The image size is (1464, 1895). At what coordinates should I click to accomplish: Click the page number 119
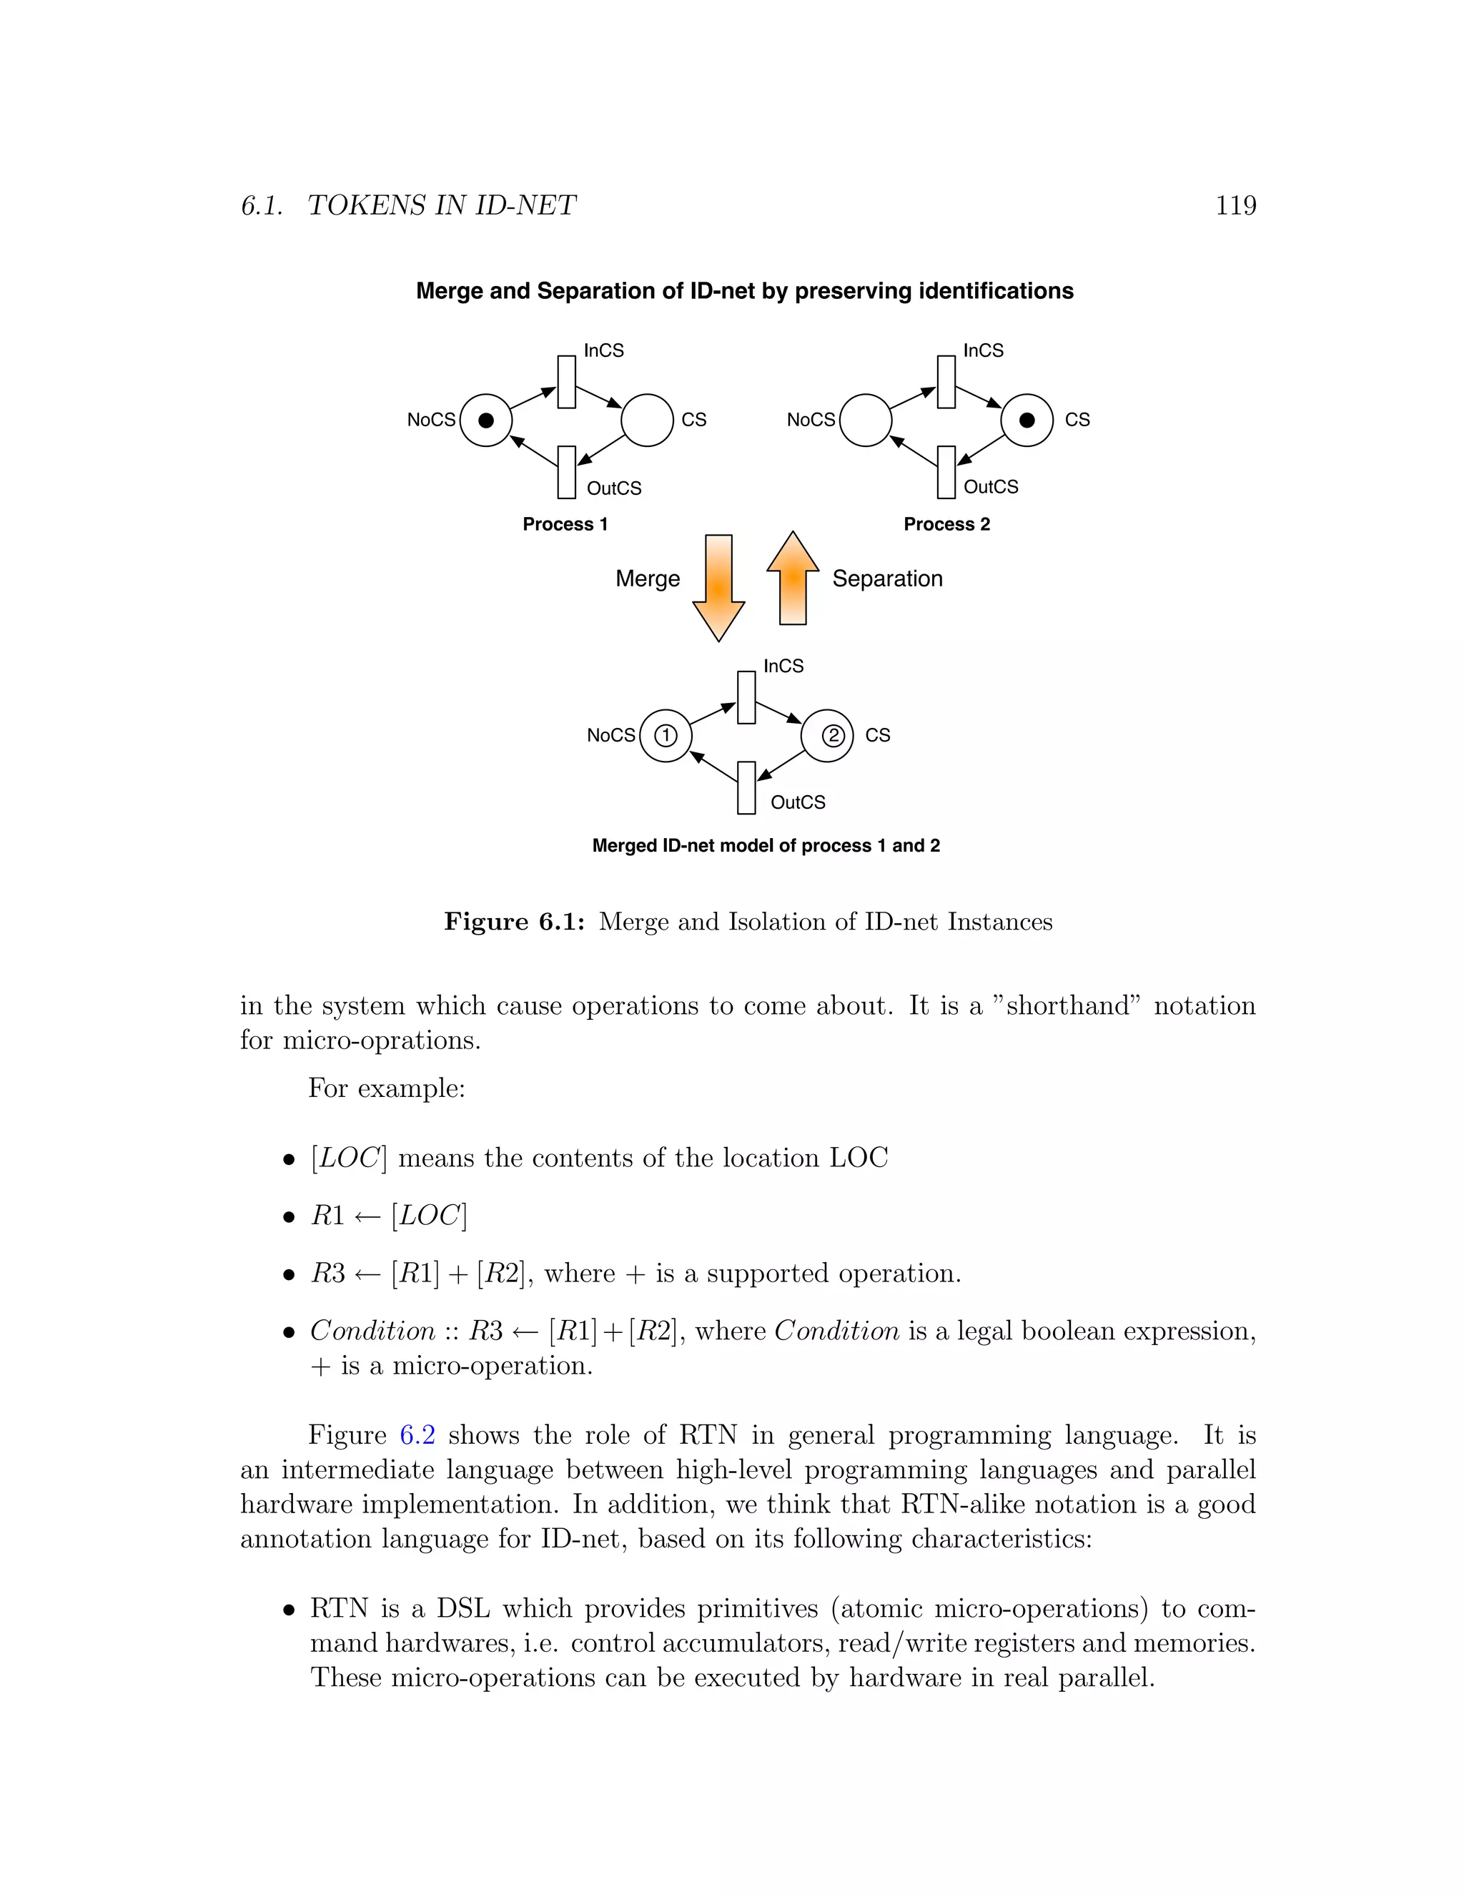click(1235, 206)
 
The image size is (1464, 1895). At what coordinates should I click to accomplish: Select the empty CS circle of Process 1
click(647, 420)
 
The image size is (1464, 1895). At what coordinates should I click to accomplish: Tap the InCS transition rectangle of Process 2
click(946, 382)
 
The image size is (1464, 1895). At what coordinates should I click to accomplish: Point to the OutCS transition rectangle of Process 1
click(566, 472)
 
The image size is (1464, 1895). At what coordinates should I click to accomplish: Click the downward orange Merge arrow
click(718, 586)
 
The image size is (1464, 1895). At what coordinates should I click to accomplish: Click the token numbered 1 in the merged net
click(666, 736)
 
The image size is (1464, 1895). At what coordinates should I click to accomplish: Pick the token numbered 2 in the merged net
click(832, 736)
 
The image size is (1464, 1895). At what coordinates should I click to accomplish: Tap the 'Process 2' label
click(946, 524)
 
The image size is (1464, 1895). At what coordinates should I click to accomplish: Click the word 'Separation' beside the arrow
click(886, 579)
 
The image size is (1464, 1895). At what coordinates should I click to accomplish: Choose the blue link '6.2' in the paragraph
click(417, 1434)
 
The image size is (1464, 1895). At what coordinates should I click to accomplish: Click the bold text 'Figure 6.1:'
click(513, 922)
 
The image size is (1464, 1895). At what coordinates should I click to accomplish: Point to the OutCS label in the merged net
click(798, 802)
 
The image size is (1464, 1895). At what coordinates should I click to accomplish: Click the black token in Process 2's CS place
click(1027, 420)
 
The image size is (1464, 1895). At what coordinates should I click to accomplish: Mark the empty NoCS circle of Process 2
click(866, 420)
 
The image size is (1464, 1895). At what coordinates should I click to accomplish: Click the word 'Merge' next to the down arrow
click(647, 579)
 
